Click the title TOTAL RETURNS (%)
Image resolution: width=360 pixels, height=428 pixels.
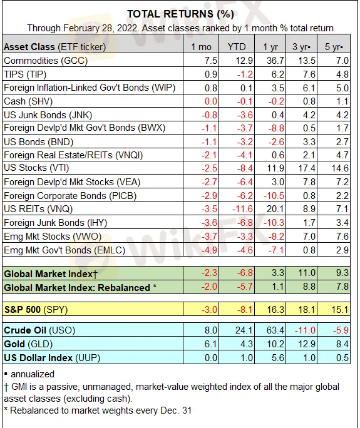point(180,14)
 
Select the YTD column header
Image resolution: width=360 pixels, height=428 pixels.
point(237,47)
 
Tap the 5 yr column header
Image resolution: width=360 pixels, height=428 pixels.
point(334,47)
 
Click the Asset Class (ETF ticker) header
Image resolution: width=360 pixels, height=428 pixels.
point(54,47)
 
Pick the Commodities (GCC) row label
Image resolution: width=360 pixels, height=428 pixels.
point(46,61)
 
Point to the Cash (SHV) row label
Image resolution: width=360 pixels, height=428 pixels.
point(28,101)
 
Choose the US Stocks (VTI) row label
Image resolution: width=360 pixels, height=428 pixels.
point(36,168)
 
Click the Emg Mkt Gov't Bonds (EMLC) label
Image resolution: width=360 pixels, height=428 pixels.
point(64,250)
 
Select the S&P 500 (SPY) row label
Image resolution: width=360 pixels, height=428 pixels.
point(36,310)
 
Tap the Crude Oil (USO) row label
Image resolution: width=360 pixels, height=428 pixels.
point(39,330)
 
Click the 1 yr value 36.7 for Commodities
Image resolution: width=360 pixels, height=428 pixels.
point(275,61)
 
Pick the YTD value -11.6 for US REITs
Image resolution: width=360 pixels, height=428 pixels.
point(242,209)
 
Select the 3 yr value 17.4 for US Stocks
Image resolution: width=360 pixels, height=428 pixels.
point(306,168)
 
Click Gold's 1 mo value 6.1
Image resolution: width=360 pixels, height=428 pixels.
point(210,344)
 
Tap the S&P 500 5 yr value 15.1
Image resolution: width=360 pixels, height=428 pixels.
point(340,310)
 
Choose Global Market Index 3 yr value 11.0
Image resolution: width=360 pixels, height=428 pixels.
point(306,273)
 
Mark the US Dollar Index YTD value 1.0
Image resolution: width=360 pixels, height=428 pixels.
point(247,358)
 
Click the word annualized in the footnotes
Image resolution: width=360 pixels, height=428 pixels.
point(33,374)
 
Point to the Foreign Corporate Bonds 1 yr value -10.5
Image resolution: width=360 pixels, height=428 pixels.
point(274,196)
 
